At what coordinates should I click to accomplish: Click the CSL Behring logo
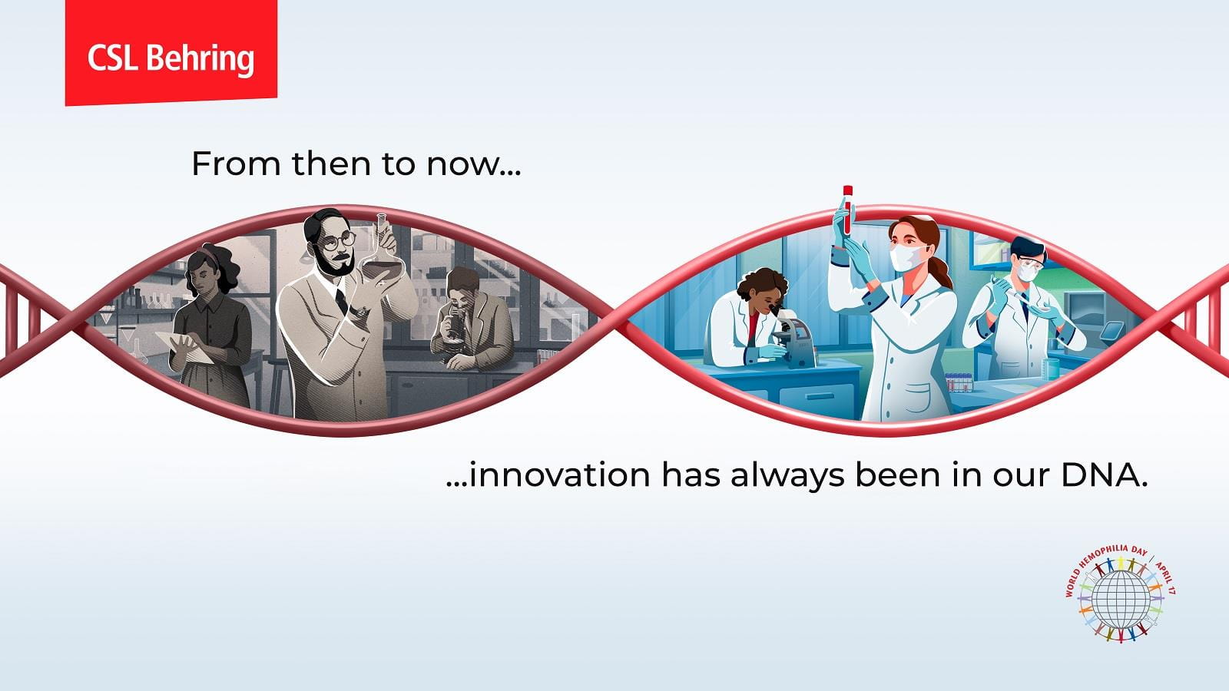171,53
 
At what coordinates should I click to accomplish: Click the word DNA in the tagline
1104,475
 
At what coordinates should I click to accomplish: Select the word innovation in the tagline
560,474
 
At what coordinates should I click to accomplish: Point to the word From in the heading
236,164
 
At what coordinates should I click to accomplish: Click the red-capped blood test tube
848,210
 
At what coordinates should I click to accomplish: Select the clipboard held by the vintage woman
185,347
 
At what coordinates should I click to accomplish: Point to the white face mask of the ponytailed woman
907,257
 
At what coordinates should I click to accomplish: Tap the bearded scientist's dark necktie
341,300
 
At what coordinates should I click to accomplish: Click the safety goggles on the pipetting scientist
1027,267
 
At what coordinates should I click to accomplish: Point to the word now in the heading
474,164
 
